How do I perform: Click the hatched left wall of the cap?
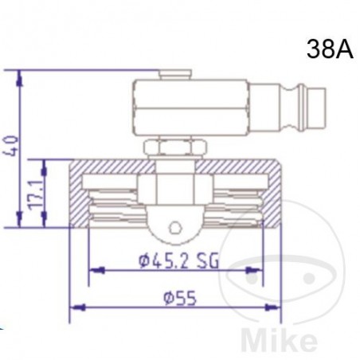click(80, 194)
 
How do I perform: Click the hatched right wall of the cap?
click(272, 194)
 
